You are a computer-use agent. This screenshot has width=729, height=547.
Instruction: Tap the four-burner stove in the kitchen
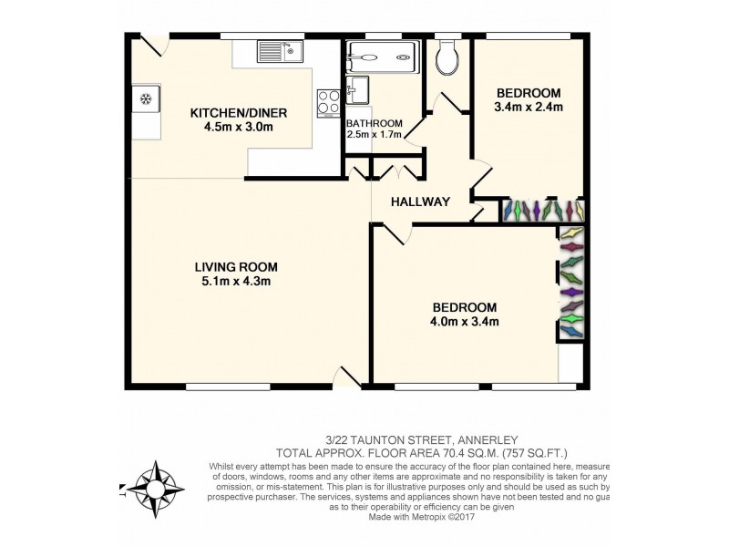(328, 103)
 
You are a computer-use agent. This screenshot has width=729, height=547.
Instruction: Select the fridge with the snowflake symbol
(144, 98)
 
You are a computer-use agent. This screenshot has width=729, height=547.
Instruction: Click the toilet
(447, 59)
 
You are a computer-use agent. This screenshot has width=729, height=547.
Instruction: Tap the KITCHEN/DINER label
(238, 113)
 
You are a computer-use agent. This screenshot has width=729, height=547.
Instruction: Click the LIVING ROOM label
(236, 267)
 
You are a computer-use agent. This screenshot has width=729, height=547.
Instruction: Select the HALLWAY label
(420, 201)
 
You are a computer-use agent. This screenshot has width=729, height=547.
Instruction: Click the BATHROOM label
(374, 124)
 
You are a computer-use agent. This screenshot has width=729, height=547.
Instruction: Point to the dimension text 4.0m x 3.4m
(466, 321)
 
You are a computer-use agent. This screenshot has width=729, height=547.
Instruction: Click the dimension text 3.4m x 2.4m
(528, 108)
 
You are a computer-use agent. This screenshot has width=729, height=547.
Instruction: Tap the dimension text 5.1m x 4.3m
(236, 282)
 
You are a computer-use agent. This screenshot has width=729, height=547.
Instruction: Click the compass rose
(152, 486)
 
